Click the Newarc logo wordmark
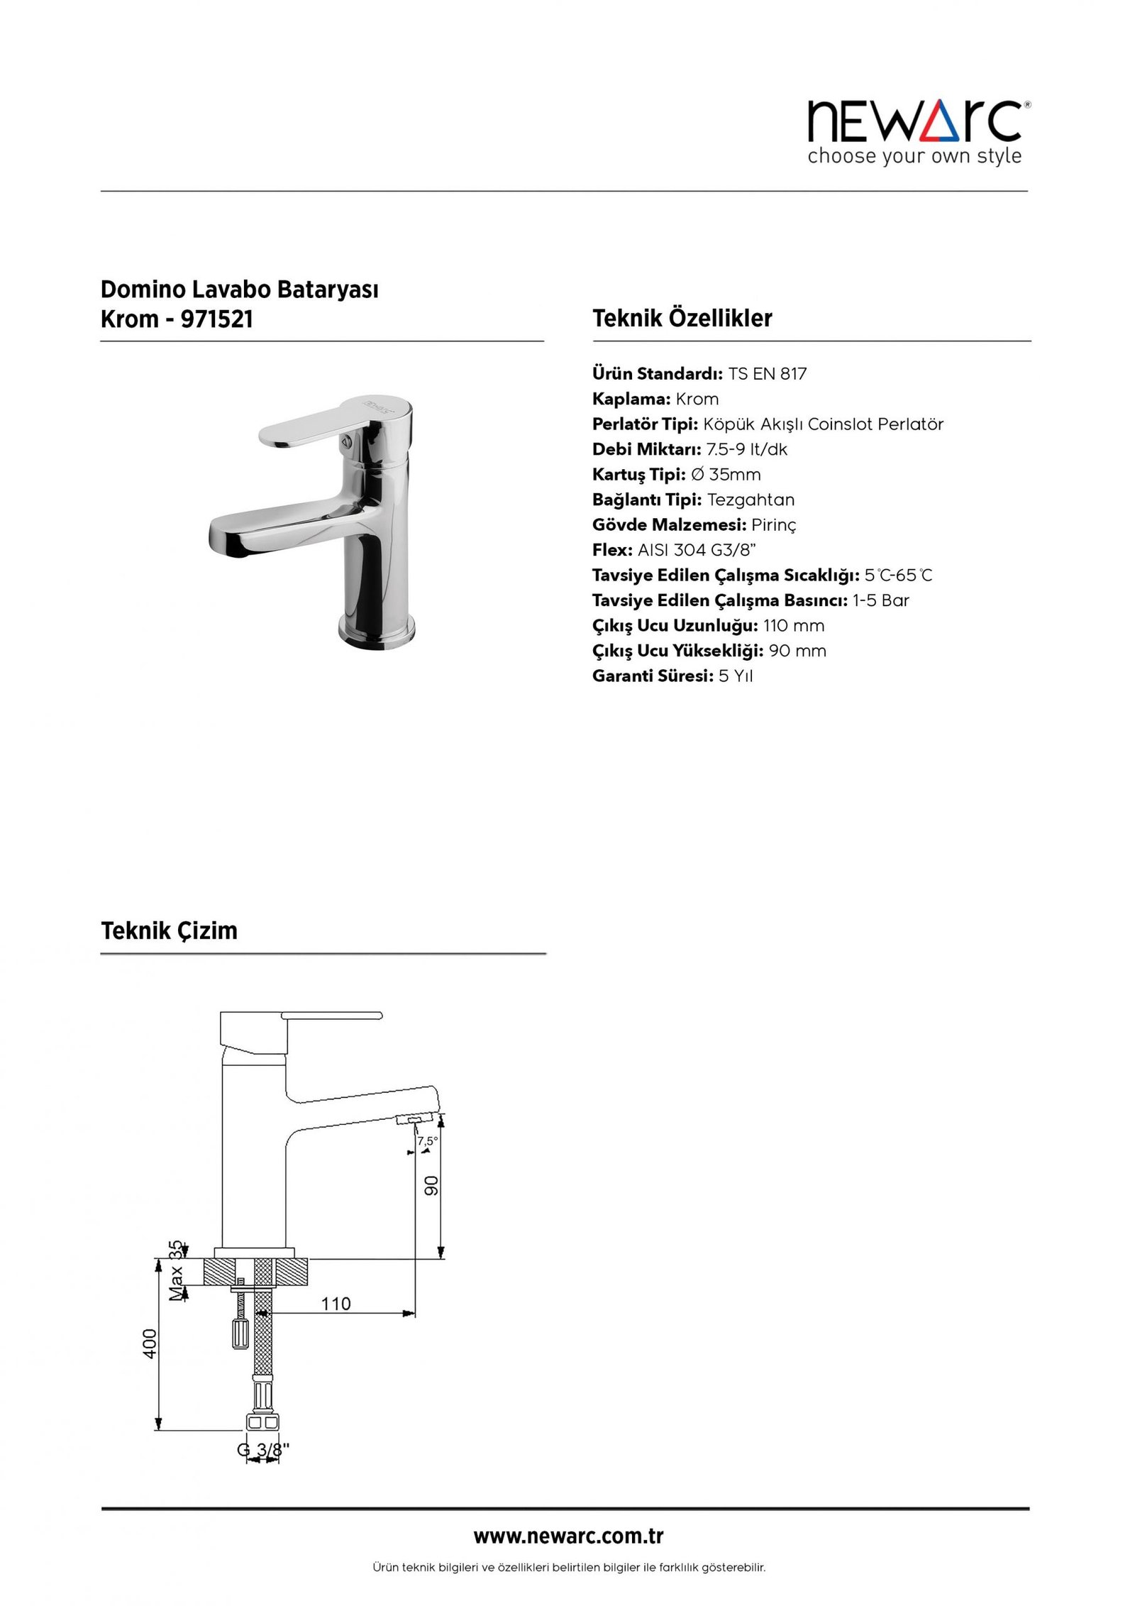point(914,121)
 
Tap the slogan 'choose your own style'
point(914,156)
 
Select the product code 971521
point(217,319)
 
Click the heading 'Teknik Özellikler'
point(682,318)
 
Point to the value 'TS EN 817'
point(767,374)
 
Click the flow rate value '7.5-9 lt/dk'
point(746,450)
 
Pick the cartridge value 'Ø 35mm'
point(725,475)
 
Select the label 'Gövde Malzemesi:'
point(669,525)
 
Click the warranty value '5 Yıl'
point(735,676)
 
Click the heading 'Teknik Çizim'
point(169,930)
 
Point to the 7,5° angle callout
point(427,1142)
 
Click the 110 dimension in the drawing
point(336,1304)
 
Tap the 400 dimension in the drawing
point(150,1343)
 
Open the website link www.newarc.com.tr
point(567,1537)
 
